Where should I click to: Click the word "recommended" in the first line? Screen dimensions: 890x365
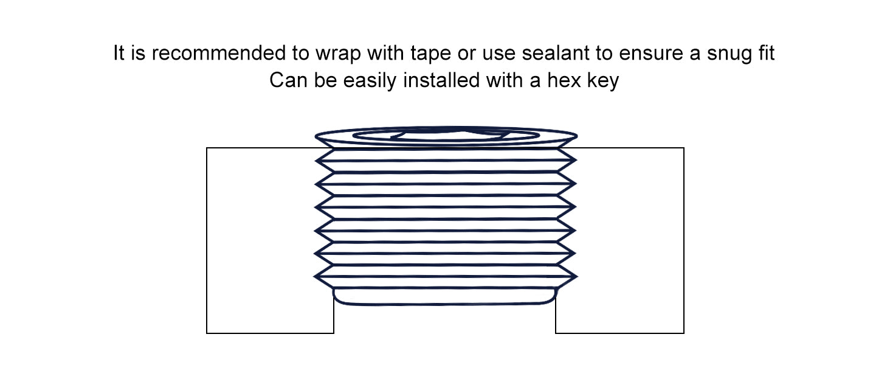click(218, 54)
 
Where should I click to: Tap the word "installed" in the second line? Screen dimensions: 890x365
click(441, 80)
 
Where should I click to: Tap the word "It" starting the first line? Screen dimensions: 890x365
click(119, 53)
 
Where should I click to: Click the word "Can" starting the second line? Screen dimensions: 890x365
click(288, 80)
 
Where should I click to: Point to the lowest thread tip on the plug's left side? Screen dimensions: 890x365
click(315, 276)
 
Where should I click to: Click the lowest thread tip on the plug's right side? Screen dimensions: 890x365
click(577, 276)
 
